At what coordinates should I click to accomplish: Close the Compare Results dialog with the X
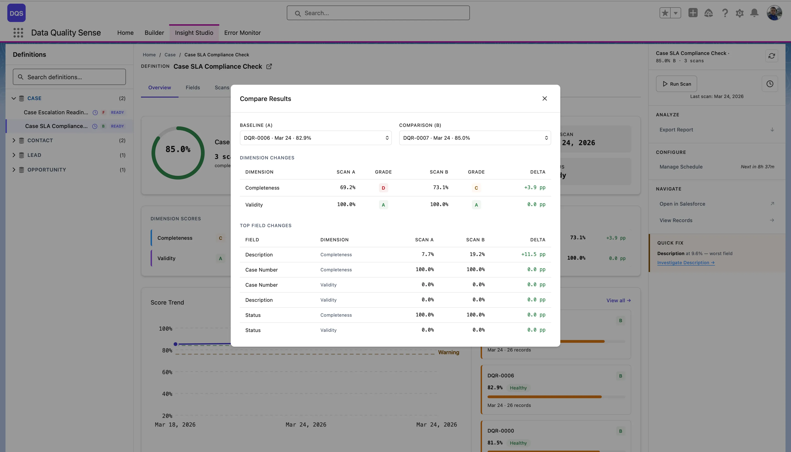[x=544, y=98]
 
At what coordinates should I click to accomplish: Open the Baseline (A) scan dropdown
[x=315, y=138]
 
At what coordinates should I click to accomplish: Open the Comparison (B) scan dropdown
[x=474, y=138]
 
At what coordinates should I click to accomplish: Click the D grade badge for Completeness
[x=383, y=188]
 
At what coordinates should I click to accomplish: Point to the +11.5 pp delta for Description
[x=533, y=254]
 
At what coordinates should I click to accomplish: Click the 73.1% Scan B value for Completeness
[x=440, y=188]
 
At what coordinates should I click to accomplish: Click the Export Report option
[x=676, y=130]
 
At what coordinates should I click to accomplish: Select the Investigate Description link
[x=685, y=263]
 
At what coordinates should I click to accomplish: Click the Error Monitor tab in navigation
[x=242, y=33]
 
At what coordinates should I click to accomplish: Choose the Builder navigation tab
[x=154, y=33]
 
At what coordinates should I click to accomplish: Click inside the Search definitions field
[x=69, y=77]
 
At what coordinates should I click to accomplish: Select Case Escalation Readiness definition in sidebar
[x=56, y=112]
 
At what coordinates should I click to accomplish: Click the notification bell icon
[x=754, y=13]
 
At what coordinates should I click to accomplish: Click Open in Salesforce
[x=682, y=204]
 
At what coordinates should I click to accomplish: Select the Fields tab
[x=193, y=87]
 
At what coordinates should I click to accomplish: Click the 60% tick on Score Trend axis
[x=167, y=372]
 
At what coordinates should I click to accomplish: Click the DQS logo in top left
[x=16, y=13]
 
